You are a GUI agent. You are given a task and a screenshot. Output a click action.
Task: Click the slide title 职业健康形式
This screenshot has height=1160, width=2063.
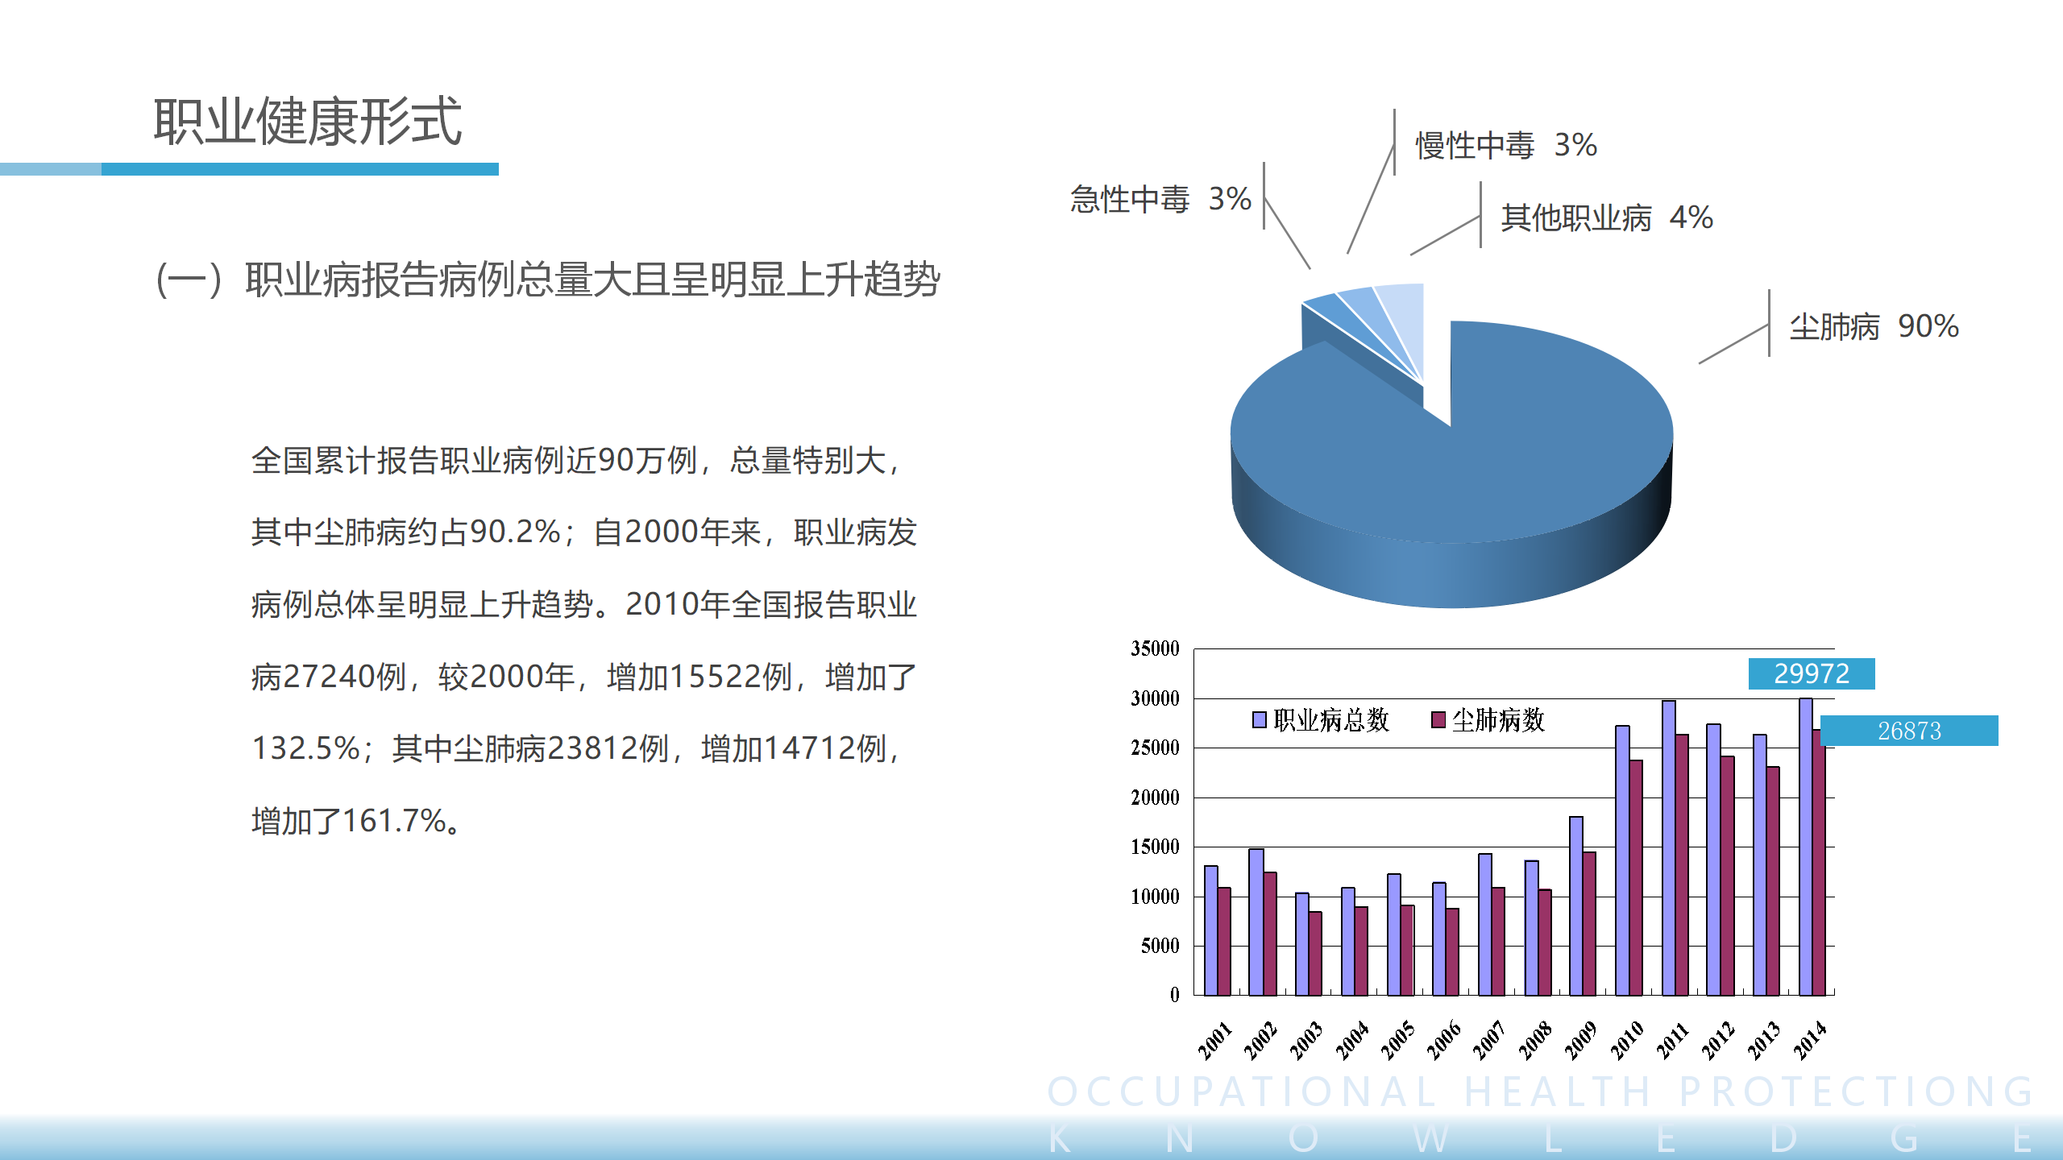coord(308,122)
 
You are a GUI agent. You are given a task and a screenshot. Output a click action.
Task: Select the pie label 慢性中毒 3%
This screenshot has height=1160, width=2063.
coord(1506,146)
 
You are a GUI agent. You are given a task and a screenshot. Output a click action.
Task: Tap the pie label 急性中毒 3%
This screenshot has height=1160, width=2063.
coord(1160,199)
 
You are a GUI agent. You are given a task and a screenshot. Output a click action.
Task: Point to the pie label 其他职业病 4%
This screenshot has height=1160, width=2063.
coord(1607,217)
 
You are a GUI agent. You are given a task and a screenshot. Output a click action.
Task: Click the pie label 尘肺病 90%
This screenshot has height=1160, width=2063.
coord(1874,326)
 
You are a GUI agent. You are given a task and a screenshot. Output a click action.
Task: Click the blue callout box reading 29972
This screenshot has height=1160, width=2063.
coord(1812,673)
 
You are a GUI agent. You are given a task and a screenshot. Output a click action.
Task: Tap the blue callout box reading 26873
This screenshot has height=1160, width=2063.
coord(1909,731)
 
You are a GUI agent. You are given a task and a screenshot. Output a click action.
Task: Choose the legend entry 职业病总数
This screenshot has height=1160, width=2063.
coord(1322,719)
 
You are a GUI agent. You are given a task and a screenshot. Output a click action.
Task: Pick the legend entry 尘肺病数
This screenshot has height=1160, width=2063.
coord(1488,719)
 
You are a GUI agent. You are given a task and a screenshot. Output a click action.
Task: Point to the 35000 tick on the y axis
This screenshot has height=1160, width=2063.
coord(1155,648)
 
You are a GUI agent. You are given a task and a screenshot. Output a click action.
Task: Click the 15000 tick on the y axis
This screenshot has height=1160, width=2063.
coord(1155,847)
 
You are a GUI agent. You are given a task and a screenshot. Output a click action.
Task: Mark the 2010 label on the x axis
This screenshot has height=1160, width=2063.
coord(1627,1039)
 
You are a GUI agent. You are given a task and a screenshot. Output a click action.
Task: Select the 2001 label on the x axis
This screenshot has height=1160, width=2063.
coord(1214,1039)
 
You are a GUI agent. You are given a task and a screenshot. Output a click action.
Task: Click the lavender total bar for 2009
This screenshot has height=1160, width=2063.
coord(1576,906)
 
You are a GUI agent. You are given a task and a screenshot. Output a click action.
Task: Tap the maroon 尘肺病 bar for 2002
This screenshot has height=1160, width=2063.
coord(1270,934)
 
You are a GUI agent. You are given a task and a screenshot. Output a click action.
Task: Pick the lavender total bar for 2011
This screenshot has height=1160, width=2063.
coord(1669,848)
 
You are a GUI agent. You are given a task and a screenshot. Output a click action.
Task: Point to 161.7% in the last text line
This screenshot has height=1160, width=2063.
coord(394,821)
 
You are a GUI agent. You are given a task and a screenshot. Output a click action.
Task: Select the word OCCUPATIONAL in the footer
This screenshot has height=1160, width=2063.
coord(1242,1092)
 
